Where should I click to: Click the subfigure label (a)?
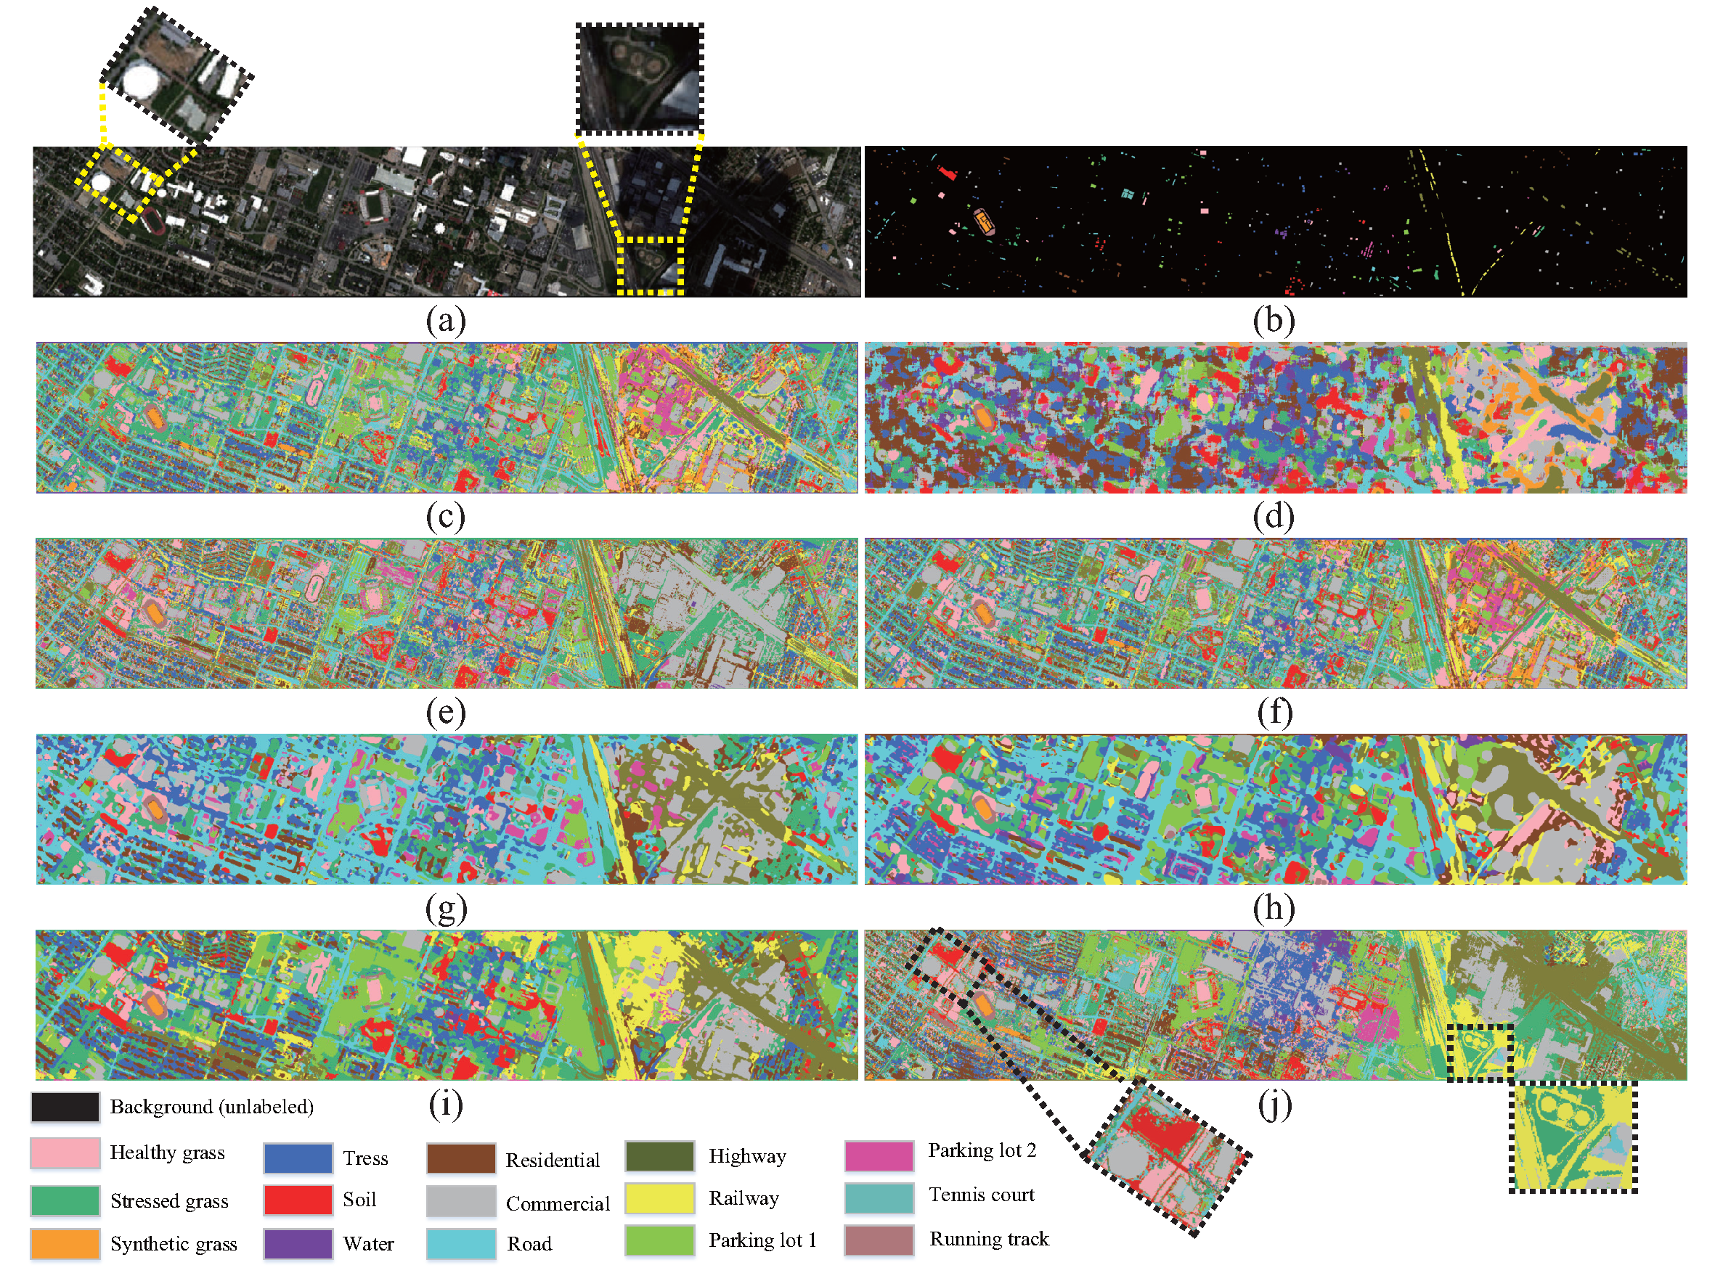446,320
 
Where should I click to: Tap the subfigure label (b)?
1274,320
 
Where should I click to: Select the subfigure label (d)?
1274,515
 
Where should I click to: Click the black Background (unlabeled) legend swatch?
65,1107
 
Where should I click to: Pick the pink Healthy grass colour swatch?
65,1153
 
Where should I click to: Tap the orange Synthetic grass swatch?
65,1243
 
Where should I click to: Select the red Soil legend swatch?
298,1200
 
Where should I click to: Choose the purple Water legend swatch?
298,1243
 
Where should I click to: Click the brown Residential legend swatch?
460,1158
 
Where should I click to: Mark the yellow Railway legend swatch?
659,1198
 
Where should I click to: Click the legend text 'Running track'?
989,1238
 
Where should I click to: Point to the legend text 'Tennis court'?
981,1195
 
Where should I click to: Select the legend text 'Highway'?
747,1156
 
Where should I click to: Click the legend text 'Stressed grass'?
168,1200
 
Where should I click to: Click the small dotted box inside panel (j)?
1479,1052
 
